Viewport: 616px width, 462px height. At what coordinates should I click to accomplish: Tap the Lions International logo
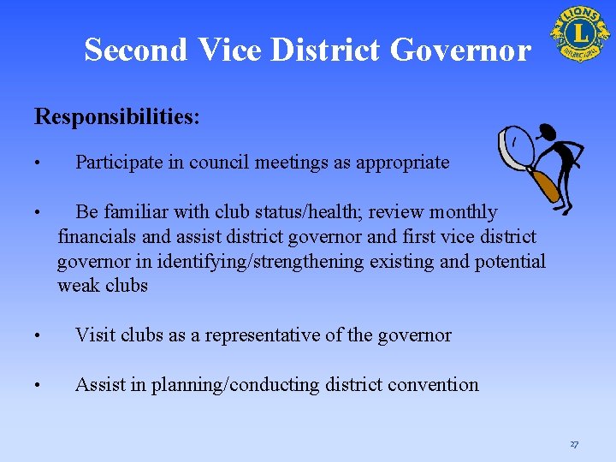[579, 33]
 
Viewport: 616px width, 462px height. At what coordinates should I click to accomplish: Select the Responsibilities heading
[117, 116]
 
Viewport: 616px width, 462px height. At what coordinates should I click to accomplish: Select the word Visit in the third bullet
[93, 335]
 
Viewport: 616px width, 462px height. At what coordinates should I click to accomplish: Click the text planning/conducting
[235, 385]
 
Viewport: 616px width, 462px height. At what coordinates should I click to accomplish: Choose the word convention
[433, 385]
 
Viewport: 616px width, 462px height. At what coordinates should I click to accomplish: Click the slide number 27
[573, 444]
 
